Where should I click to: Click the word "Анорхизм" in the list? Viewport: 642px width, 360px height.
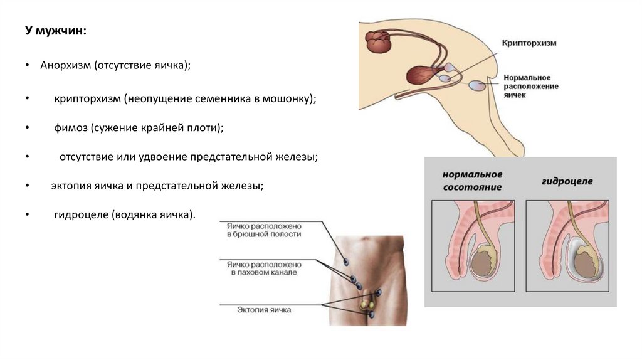[x=66, y=65]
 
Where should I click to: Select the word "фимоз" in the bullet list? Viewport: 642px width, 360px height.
[x=70, y=127]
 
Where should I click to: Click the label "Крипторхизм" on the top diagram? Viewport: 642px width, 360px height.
[x=529, y=43]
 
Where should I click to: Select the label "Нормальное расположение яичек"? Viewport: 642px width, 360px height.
[x=531, y=87]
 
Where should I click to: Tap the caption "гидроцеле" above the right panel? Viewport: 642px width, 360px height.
[x=567, y=181]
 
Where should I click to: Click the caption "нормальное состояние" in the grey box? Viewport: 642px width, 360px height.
[x=473, y=181]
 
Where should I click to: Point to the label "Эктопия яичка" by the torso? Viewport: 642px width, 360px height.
[x=263, y=309]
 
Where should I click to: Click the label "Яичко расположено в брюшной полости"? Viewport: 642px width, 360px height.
[x=263, y=230]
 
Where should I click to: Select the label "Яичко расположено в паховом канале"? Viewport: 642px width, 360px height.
[x=263, y=268]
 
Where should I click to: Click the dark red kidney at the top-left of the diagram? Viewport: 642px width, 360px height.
[x=378, y=42]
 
